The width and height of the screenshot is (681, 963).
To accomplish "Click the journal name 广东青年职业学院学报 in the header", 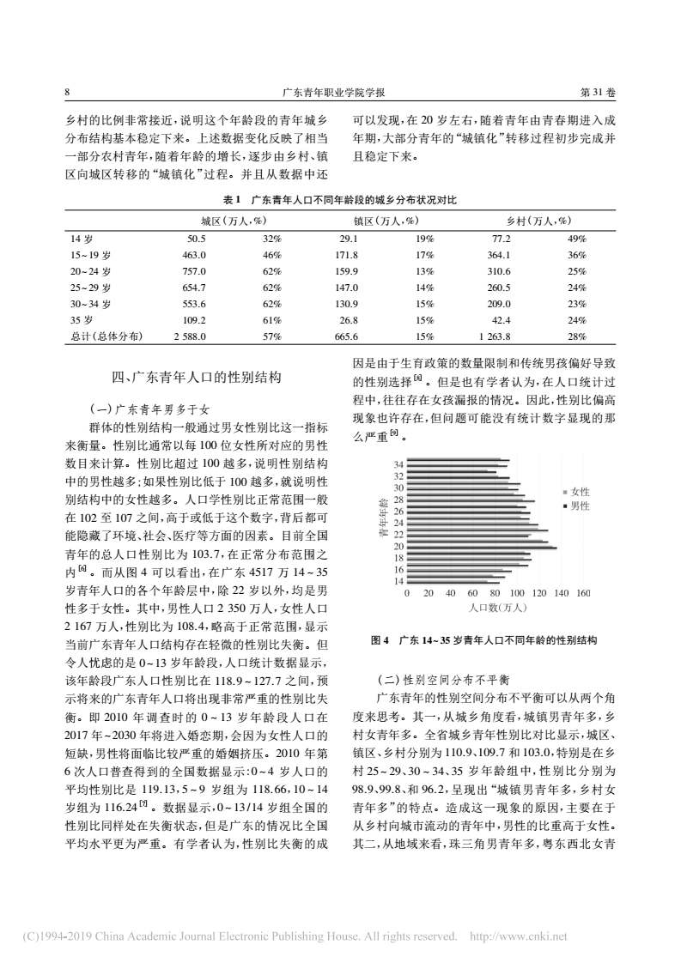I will coord(339,92).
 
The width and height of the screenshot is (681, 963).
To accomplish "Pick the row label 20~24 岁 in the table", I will coord(90,271).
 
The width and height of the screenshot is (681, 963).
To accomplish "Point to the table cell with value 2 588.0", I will coord(190,336).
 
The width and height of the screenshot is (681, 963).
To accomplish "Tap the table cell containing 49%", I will coord(577,239).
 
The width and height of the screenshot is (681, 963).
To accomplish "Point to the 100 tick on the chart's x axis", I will coord(517,593).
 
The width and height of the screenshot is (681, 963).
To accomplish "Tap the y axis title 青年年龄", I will coord(382,518).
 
